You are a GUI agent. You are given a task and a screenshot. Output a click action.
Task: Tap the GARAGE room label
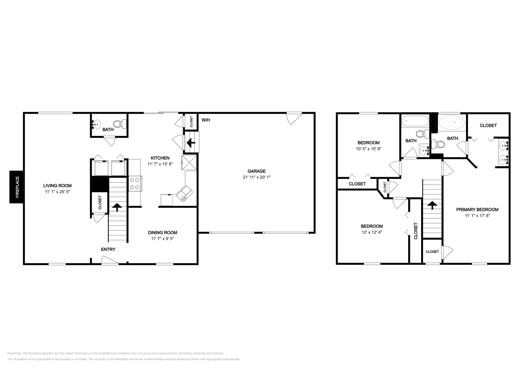pos(256,171)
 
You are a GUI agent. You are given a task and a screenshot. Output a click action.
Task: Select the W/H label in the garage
pos(206,120)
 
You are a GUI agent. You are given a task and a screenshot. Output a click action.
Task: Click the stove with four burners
pos(135,183)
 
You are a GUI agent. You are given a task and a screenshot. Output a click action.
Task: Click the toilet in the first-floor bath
pos(119,124)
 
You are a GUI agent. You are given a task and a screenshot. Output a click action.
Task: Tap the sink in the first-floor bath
pos(97,124)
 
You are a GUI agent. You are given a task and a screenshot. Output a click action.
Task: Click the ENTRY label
pos(108,249)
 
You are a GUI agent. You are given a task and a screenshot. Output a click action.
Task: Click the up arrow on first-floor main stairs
pos(117,206)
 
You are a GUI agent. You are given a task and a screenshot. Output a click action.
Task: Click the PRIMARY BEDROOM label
pos(477,209)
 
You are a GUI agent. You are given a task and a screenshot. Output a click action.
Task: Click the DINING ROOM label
pos(162,232)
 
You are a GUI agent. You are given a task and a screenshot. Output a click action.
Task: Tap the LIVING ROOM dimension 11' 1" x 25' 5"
pos(58,192)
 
